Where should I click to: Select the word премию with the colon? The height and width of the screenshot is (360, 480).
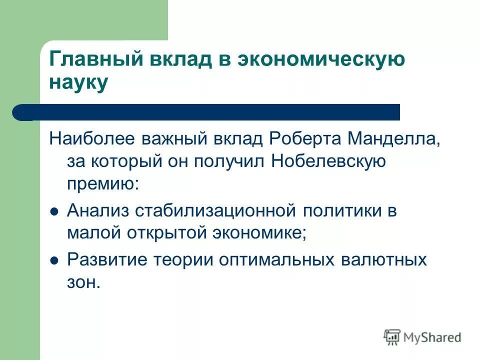click(x=103, y=184)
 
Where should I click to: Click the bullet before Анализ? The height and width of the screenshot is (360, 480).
click(x=55, y=211)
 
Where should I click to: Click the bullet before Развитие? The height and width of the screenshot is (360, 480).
click(x=55, y=260)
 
